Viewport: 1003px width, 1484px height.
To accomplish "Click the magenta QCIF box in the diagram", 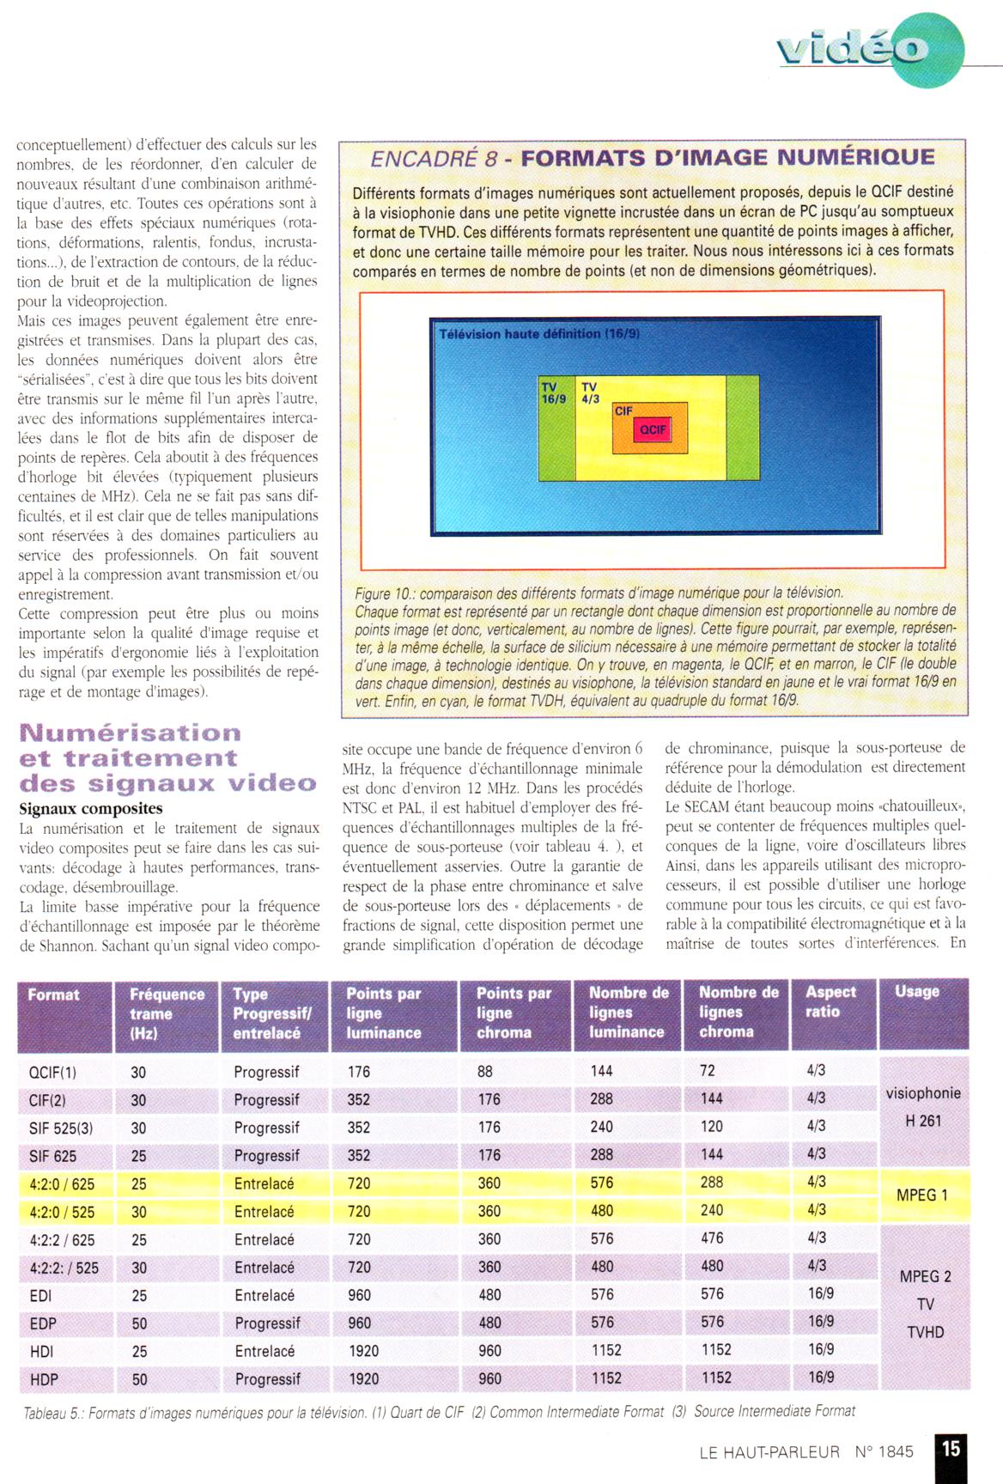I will tap(653, 429).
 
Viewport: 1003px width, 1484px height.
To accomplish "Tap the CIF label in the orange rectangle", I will tap(623, 411).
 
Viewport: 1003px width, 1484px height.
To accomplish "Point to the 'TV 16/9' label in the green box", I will tap(554, 393).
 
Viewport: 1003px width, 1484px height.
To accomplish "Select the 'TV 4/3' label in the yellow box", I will tap(590, 393).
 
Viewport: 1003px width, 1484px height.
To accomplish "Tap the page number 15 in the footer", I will tap(951, 1448).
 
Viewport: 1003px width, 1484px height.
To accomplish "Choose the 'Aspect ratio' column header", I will tap(830, 1001).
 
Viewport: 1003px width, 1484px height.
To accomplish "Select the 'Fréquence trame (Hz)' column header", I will tap(167, 1013).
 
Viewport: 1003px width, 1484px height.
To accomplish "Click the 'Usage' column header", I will tap(916, 991).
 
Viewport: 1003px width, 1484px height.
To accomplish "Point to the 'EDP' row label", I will tap(43, 1323).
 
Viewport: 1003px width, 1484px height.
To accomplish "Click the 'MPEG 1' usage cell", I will tap(921, 1195).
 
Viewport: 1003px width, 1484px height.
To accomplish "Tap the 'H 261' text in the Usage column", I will tap(924, 1121).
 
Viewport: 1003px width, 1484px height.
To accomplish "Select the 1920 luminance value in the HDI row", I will tap(364, 1351).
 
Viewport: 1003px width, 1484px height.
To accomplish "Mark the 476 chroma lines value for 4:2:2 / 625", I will tap(712, 1238).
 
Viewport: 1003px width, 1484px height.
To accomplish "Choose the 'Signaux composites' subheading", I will tap(90, 809).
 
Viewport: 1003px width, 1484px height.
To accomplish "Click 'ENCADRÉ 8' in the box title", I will tap(434, 159).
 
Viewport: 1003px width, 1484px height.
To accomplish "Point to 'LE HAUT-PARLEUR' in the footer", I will tap(769, 1452).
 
